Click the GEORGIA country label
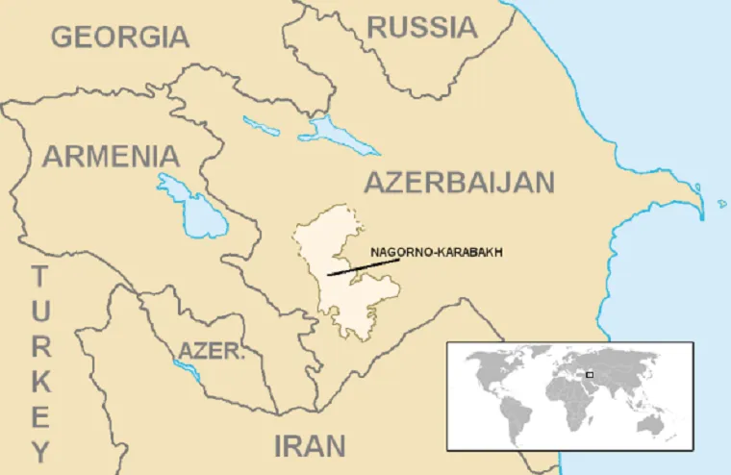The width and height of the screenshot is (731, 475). point(120,37)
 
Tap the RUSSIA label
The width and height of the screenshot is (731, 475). point(422,27)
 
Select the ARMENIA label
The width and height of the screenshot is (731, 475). point(111,156)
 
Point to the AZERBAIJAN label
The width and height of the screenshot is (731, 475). point(459,182)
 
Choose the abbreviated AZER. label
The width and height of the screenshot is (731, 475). point(212,351)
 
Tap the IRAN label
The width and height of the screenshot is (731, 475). point(309,446)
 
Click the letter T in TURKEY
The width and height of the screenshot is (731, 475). point(39,278)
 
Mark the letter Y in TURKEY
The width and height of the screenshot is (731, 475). point(39,449)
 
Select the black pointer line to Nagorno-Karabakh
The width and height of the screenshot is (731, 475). point(363,266)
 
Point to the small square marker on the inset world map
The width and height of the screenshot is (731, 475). point(590,373)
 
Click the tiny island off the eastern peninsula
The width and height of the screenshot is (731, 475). point(722,203)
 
